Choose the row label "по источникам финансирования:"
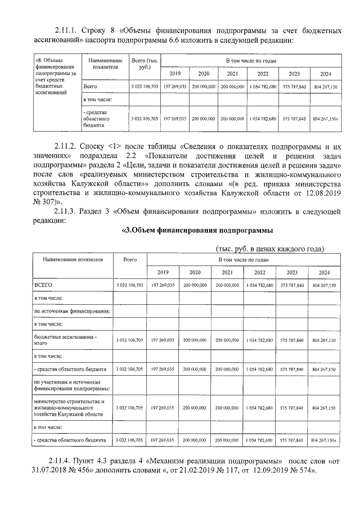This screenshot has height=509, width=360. (x=71, y=310)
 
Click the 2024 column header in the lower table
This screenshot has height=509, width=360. (x=323, y=272)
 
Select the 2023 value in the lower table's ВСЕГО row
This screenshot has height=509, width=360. (x=292, y=286)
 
